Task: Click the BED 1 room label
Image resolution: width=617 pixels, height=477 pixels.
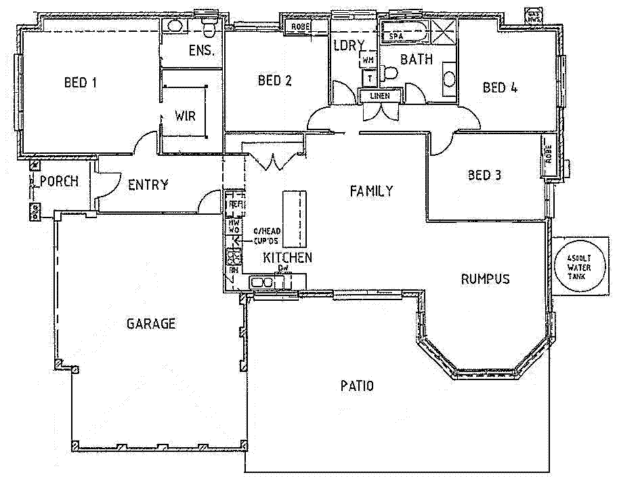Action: pos(80,83)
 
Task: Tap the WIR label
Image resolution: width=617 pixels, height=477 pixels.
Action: pos(185,116)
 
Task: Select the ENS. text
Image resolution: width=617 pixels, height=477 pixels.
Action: pos(202,50)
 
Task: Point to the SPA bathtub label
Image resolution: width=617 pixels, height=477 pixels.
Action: pos(396,35)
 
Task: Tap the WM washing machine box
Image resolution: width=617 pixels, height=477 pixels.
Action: pos(368,60)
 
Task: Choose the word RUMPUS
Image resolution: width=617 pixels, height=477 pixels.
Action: pos(485,278)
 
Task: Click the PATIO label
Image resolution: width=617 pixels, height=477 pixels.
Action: pos(356,386)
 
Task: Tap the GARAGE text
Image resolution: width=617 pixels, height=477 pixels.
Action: pos(150,324)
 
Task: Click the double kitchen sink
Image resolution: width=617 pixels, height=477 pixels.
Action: pos(261,282)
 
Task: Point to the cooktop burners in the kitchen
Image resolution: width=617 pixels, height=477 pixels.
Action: pos(234,256)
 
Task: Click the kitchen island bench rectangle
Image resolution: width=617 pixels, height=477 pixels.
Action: pos(294,218)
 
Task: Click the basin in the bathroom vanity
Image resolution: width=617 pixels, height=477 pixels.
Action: pos(448,79)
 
